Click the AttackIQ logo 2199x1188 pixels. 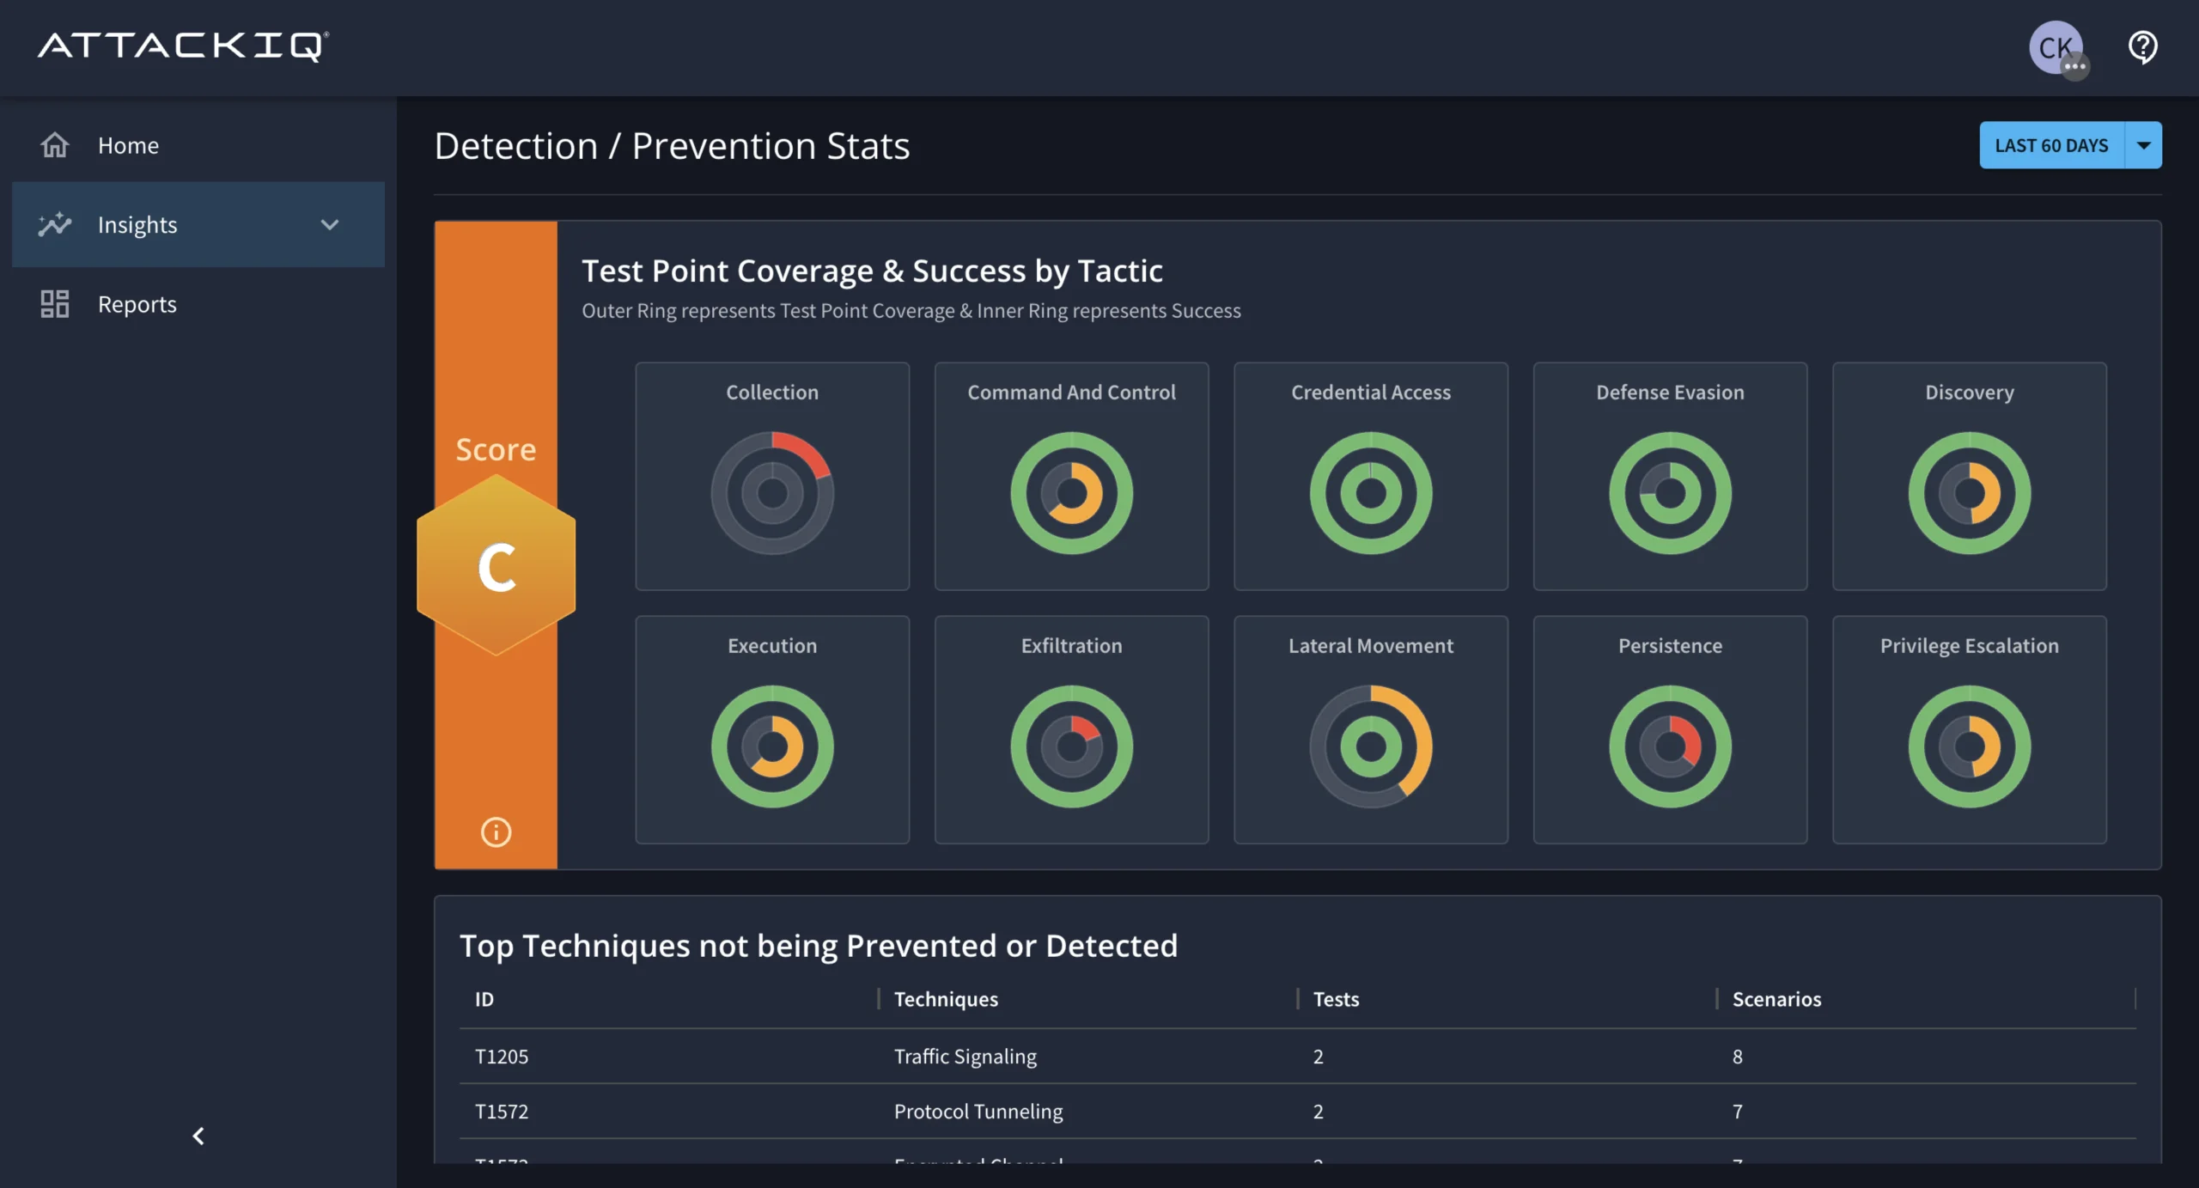click(183, 46)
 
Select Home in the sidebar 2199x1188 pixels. click(128, 145)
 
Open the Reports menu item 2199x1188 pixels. click(137, 304)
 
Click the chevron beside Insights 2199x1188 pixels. click(330, 225)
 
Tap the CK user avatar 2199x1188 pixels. click(2056, 47)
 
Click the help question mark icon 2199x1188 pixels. click(2142, 47)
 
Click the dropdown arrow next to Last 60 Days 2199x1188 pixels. click(2143, 145)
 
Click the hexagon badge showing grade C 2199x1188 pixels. click(496, 566)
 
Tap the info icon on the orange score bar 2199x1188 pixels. click(496, 832)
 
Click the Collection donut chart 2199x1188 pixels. click(772, 493)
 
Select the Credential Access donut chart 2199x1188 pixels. click(1371, 493)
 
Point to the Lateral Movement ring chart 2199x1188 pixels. click(1371, 746)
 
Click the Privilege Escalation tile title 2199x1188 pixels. click(1969, 646)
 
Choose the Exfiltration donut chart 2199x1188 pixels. click(1071, 746)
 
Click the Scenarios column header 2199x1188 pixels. click(1776, 999)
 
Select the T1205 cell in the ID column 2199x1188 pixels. click(502, 1057)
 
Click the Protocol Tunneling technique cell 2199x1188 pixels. click(978, 1112)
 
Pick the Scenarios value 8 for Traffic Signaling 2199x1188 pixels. click(1737, 1057)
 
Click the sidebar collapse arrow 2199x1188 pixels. click(198, 1136)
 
